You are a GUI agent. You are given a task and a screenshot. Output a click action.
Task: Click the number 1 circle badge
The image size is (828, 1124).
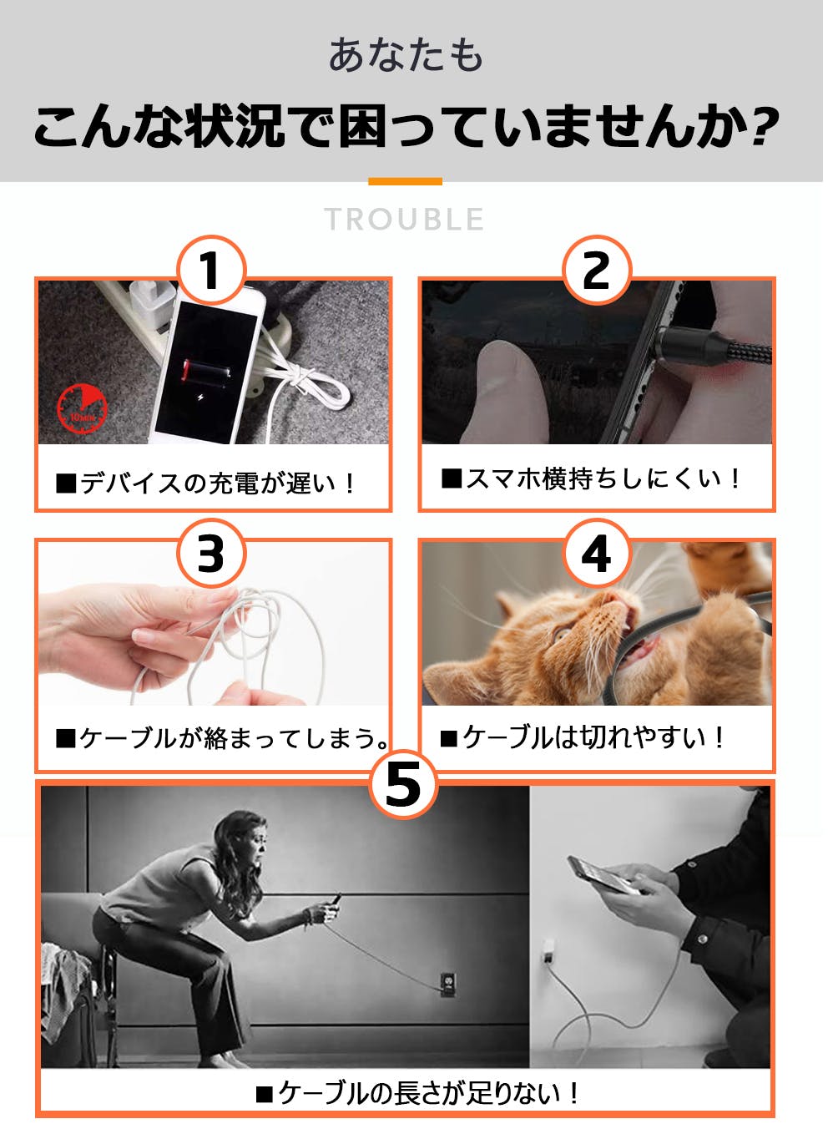(x=211, y=270)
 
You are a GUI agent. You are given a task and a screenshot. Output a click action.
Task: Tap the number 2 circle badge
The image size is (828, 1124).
(x=596, y=270)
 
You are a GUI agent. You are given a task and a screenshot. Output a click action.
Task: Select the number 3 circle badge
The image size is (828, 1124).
(x=211, y=554)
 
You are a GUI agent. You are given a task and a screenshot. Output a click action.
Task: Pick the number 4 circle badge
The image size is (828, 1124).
(x=596, y=554)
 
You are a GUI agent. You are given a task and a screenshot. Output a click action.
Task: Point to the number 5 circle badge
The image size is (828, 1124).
(x=403, y=784)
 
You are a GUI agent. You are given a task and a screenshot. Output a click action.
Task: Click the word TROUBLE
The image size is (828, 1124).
(x=405, y=220)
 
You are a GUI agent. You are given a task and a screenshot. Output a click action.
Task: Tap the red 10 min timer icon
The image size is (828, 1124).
(x=82, y=408)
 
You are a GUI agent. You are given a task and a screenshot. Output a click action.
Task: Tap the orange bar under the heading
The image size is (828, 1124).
(x=405, y=181)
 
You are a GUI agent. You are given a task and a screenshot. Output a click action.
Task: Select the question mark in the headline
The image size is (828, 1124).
(x=763, y=126)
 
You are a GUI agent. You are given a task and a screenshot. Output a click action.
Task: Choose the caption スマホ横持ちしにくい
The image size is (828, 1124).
(x=590, y=478)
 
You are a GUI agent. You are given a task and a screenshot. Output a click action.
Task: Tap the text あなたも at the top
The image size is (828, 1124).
(x=405, y=56)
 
